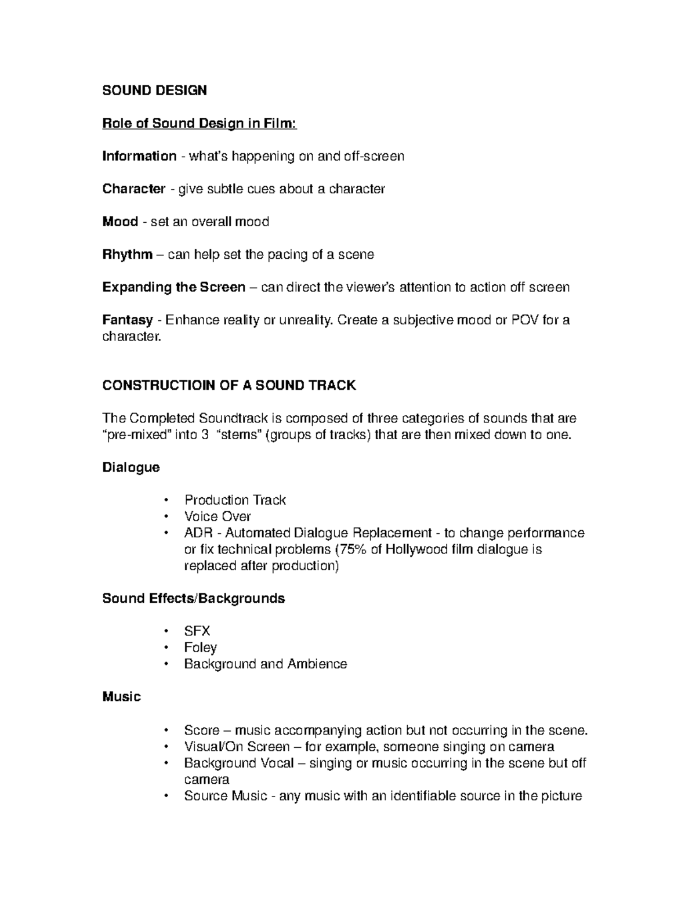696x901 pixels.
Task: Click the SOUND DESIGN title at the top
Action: click(x=154, y=91)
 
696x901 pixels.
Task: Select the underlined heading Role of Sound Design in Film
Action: click(x=200, y=124)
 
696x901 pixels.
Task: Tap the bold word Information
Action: click(x=139, y=156)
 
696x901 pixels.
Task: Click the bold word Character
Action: click(x=134, y=189)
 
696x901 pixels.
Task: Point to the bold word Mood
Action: click(x=120, y=222)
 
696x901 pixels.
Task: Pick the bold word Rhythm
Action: click(x=128, y=254)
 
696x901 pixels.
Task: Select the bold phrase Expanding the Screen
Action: click(x=174, y=287)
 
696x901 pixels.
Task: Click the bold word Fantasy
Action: click(x=128, y=320)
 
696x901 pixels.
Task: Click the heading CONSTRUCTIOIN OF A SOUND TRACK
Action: click(x=229, y=386)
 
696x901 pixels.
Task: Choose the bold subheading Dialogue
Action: click(x=131, y=467)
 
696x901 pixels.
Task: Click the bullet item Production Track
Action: click(x=235, y=500)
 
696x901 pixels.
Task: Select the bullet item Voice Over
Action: click(x=217, y=516)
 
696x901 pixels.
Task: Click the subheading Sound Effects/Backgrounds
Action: click(x=194, y=598)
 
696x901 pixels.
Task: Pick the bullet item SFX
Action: click(x=197, y=631)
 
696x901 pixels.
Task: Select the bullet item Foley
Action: click(x=200, y=647)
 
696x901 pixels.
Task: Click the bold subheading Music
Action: click(x=122, y=697)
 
